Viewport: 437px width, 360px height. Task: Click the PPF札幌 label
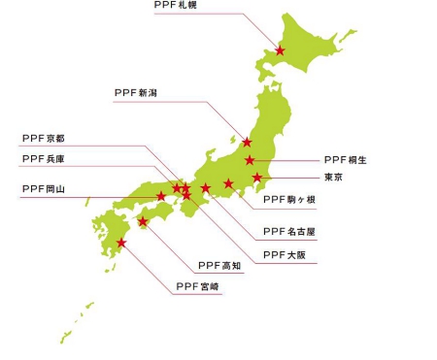(177, 6)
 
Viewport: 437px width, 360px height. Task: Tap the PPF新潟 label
(136, 93)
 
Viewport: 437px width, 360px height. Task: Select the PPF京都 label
(43, 140)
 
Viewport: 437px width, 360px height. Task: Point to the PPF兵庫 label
(43, 158)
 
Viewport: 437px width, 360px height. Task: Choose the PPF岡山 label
(43, 189)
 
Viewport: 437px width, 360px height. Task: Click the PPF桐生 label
(346, 159)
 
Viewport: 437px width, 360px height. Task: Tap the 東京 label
(333, 178)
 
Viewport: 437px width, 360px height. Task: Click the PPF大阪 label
(285, 255)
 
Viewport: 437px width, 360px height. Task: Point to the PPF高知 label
(219, 265)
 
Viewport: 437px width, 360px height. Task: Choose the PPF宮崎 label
(198, 286)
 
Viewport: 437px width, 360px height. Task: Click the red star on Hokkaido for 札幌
(280, 50)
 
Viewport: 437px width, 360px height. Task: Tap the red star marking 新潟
(247, 143)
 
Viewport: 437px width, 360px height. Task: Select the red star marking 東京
(257, 178)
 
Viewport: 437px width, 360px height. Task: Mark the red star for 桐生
(250, 160)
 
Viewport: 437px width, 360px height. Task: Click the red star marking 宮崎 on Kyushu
(121, 243)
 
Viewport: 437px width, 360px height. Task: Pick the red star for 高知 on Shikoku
(143, 221)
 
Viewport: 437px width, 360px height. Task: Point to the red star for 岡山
(161, 197)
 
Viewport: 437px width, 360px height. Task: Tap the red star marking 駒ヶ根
(228, 183)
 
